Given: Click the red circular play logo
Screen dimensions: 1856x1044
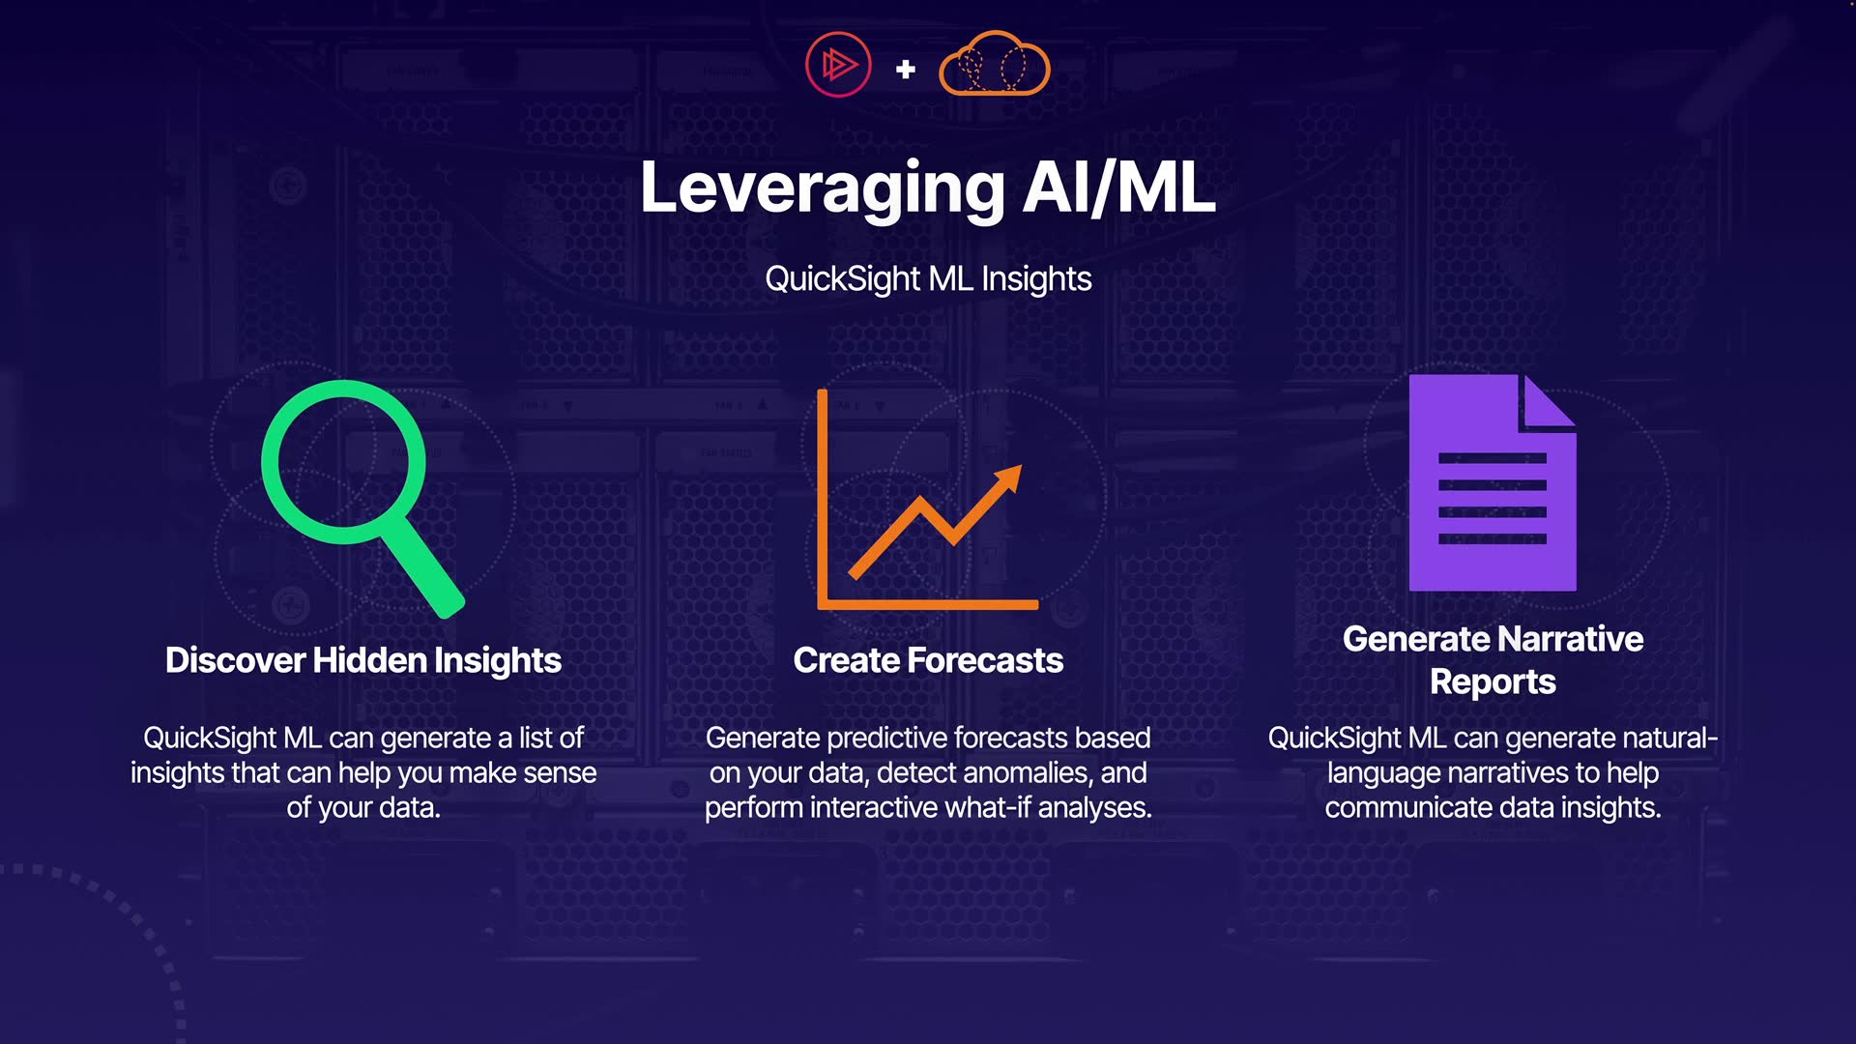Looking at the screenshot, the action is [x=838, y=65].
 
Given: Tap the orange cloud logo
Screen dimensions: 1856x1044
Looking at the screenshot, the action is [x=994, y=64].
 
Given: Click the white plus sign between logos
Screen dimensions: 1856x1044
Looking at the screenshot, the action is [x=906, y=69].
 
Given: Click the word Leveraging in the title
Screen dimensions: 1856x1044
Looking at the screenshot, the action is [x=823, y=188].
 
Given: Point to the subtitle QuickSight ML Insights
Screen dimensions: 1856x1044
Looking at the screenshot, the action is [x=928, y=278].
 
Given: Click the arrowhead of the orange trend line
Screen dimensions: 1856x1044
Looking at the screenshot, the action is [x=1007, y=478].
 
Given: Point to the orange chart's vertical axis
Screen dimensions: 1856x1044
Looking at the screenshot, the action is [x=823, y=498].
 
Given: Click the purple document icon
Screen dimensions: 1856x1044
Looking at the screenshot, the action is [x=1493, y=482].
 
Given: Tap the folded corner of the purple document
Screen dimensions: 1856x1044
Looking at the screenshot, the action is [x=1549, y=401].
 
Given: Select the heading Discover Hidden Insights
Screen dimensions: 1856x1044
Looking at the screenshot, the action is [x=363, y=660].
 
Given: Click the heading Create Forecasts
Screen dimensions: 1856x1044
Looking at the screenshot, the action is [x=928, y=660].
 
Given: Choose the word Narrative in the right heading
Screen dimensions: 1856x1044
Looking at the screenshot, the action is [x=1570, y=639].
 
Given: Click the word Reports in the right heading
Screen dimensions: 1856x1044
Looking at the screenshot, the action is [x=1493, y=682].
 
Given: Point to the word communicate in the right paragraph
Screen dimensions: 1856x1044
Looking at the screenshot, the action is [x=1407, y=807].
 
